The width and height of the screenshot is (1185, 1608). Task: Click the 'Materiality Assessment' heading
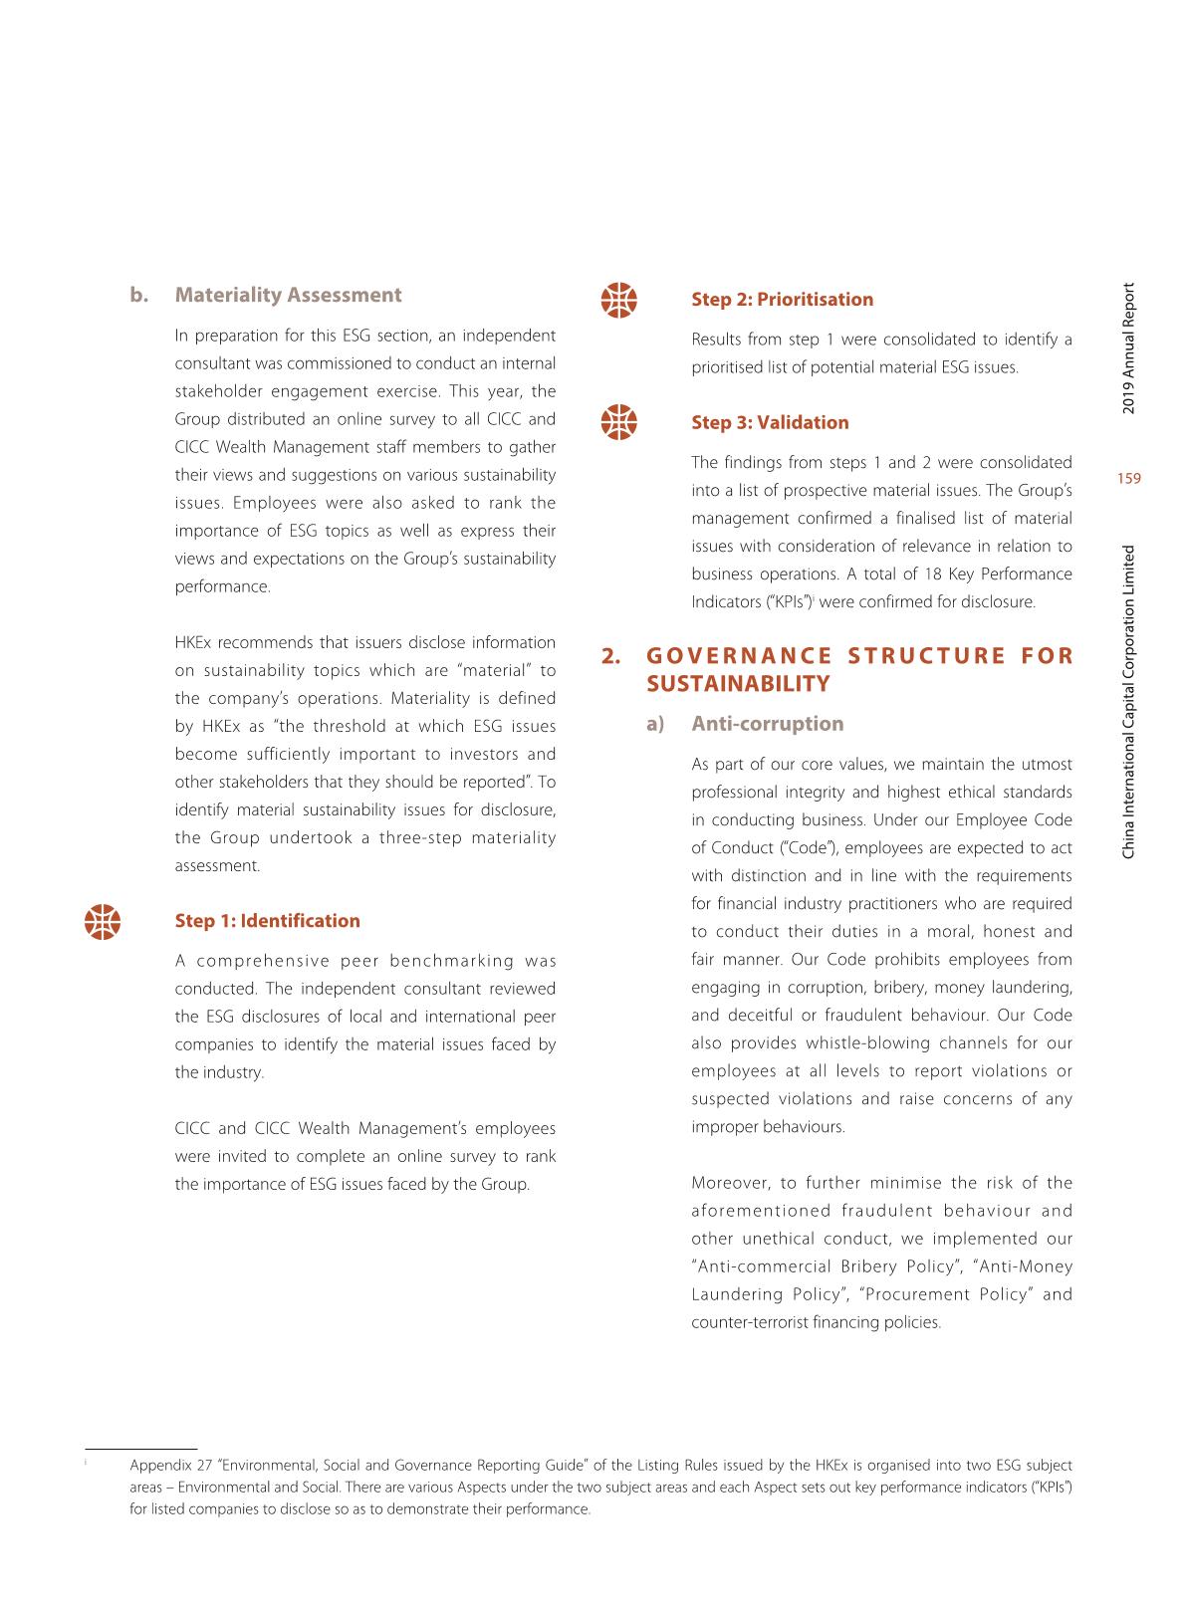pyautogui.click(x=288, y=295)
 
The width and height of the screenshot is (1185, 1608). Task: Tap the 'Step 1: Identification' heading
pyautogui.click(x=267, y=920)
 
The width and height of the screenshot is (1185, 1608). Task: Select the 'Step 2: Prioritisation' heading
pyautogui.click(x=782, y=299)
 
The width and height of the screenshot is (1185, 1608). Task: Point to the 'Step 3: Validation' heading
pyautogui.click(x=770, y=422)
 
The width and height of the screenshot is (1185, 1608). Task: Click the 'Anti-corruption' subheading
pyautogui.click(x=767, y=723)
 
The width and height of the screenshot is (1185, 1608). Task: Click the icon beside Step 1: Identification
pyautogui.click(x=103, y=921)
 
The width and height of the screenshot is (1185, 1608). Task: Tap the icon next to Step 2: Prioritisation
pyautogui.click(x=619, y=300)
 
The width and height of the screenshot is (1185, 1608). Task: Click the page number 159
pyautogui.click(x=1128, y=479)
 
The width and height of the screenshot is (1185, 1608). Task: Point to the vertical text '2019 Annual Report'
pyautogui.click(x=1128, y=349)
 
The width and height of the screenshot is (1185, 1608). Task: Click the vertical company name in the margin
pyautogui.click(x=1128, y=701)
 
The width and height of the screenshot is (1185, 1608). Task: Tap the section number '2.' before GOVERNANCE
pyautogui.click(x=611, y=656)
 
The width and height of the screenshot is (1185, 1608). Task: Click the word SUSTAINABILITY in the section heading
pyautogui.click(x=737, y=684)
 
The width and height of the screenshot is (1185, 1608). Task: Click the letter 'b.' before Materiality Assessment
pyautogui.click(x=138, y=295)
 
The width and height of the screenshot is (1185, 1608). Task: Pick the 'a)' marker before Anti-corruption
pyautogui.click(x=654, y=723)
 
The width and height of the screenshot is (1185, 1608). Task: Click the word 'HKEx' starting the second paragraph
pyautogui.click(x=194, y=642)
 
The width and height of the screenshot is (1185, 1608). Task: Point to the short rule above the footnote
pyautogui.click(x=141, y=1448)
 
